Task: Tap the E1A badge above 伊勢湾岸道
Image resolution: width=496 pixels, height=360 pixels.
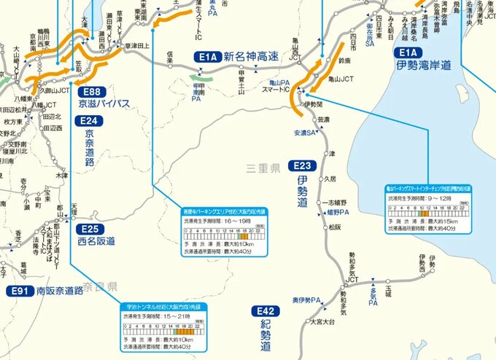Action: tap(407, 53)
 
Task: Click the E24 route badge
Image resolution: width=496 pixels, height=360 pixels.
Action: tap(89, 121)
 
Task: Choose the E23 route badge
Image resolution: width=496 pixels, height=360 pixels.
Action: tap(303, 165)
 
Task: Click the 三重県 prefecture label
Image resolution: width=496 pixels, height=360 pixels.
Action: tap(263, 168)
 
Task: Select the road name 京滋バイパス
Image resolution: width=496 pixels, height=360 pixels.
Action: tap(104, 104)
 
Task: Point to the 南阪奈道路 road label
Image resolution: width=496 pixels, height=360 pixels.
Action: tap(60, 291)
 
